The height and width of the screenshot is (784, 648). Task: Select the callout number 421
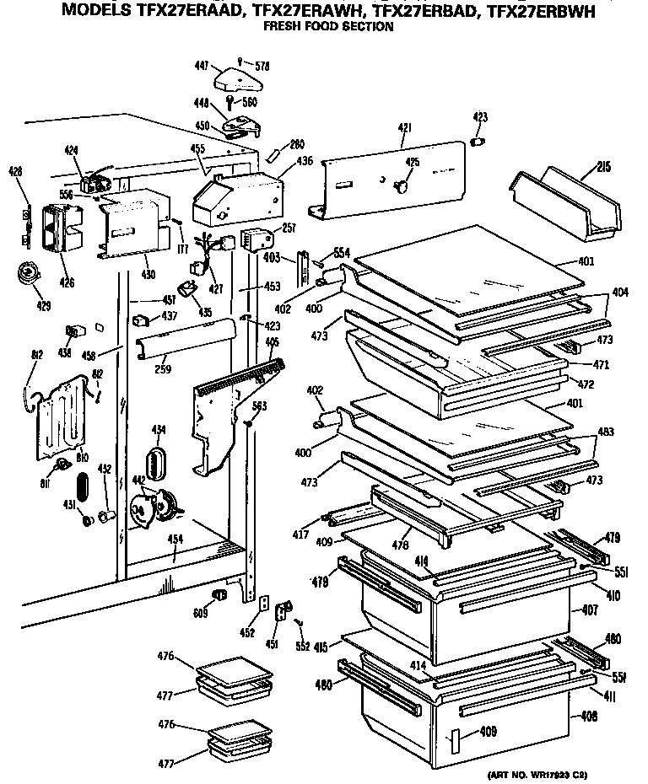point(404,127)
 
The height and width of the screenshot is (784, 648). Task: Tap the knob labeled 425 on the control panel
point(403,180)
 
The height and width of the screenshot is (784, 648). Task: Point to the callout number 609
point(200,613)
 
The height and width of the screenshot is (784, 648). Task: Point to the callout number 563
point(260,405)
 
